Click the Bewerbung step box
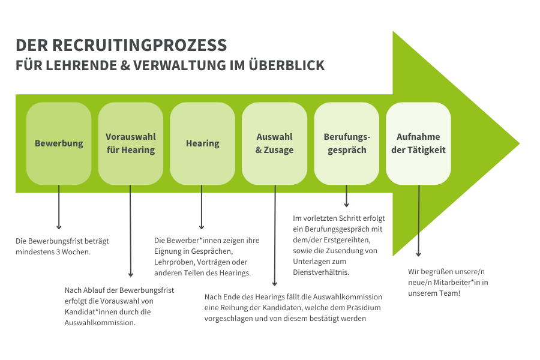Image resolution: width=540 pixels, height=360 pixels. point(59,143)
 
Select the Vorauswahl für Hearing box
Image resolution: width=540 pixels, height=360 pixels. point(131,143)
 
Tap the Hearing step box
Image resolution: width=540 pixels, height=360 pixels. point(203,143)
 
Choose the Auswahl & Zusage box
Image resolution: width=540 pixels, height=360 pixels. point(274,143)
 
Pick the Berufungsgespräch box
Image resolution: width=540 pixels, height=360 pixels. point(347,143)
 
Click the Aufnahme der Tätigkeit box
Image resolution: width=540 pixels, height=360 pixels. point(418,143)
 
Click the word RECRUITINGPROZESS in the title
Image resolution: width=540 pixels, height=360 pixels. point(139,45)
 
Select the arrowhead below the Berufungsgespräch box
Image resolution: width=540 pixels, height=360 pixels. point(346,205)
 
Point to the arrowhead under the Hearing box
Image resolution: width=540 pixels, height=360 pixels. point(202,227)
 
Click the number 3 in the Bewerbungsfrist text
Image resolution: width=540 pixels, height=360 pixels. point(58,252)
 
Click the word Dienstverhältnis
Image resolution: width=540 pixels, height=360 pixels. point(321,272)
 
